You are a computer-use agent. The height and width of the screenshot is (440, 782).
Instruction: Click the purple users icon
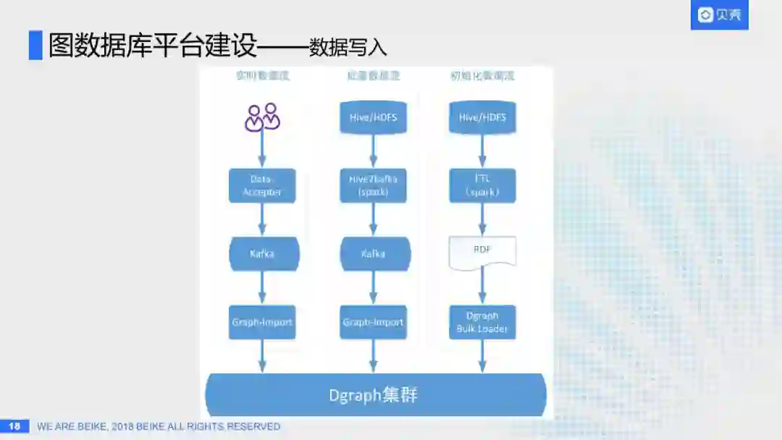tap(262, 117)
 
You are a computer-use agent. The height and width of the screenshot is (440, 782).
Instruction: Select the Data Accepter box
tap(262, 186)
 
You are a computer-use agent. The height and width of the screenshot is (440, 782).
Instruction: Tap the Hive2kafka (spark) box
tap(373, 186)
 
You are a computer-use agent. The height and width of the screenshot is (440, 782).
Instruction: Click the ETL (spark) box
tap(482, 186)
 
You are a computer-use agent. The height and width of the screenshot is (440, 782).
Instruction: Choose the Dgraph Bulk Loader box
tap(482, 322)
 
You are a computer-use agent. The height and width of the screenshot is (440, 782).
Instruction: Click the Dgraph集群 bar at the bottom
tap(375, 395)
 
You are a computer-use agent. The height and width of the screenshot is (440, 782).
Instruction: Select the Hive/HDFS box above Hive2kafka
tap(373, 117)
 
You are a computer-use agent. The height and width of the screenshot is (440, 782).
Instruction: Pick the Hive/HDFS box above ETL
tap(482, 117)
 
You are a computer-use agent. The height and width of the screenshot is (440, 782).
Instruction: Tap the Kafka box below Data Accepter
tap(262, 254)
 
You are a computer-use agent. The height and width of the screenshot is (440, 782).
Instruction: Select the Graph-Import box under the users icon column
tap(262, 322)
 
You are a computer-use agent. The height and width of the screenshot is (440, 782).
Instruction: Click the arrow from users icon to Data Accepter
tap(262, 151)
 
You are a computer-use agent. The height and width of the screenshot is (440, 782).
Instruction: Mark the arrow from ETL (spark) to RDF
tap(482, 219)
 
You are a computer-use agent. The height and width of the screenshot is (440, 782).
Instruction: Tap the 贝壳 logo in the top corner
tap(719, 15)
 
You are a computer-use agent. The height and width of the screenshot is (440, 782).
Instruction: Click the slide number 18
tap(14, 426)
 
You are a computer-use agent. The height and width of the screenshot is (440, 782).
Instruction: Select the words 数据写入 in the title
tap(348, 48)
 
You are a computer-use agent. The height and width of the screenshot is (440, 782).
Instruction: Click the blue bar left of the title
tap(35, 45)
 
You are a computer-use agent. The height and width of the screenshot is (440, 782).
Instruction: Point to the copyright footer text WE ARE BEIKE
tap(159, 427)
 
